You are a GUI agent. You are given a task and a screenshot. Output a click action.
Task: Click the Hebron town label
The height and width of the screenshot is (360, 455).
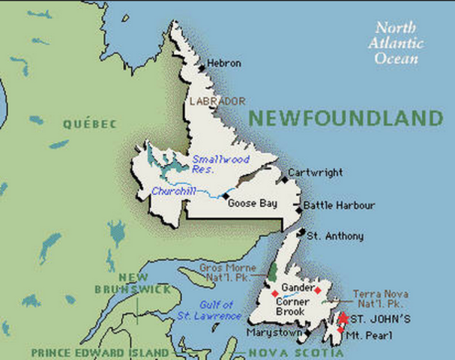coord(224,64)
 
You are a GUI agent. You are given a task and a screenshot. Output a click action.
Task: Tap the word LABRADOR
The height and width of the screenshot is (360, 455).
coord(217,100)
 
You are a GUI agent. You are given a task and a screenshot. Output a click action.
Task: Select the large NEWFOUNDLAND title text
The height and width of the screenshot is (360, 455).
coord(346,118)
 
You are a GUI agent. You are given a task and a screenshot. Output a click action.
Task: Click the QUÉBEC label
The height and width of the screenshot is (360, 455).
coord(90,124)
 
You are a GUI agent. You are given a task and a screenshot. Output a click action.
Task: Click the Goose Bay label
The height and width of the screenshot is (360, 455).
coord(253,203)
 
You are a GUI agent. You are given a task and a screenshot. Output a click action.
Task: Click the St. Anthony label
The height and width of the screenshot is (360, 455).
coord(335,236)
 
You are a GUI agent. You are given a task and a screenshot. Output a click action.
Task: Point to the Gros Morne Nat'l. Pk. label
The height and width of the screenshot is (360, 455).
coord(232,272)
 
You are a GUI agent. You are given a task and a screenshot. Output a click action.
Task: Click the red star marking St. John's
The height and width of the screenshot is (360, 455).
coord(343,318)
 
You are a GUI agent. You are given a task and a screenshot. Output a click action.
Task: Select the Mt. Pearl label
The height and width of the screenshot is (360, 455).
coord(368,336)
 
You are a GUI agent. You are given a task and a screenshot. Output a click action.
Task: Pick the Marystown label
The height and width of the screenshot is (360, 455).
coord(275,332)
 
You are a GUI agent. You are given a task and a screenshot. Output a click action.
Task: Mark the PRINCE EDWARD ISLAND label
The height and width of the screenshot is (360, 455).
coord(99,352)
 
